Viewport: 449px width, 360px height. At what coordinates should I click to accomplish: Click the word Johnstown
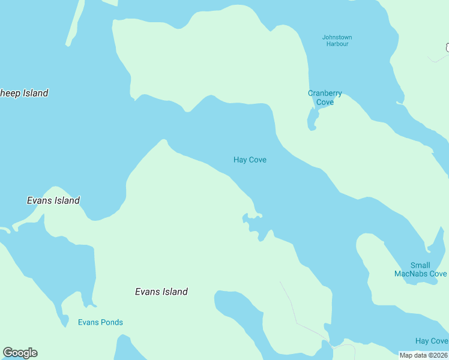click(337, 37)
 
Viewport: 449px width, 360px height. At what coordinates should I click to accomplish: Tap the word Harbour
click(337, 44)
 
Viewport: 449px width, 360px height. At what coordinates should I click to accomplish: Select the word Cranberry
click(325, 93)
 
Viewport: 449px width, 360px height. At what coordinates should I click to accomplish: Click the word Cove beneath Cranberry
click(325, 102)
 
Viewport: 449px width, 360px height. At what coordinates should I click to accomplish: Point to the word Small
click(420, 265)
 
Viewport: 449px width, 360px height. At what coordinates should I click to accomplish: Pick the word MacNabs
click(411, 274)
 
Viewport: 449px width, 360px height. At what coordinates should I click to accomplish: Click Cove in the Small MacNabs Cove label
click(438, 274)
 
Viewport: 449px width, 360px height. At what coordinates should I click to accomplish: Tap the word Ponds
click(112, 322)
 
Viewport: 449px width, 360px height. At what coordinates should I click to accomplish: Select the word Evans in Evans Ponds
click(88, 322)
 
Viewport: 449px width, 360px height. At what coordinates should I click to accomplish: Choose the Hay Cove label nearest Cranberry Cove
click(250, 160)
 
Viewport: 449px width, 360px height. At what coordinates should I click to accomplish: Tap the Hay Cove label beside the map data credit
click(431, 341)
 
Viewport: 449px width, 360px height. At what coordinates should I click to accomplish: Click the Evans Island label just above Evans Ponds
click(161, 292)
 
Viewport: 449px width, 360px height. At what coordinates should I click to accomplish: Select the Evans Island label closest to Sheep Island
click(53, 200)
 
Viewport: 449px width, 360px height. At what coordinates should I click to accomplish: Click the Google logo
click(20, 353)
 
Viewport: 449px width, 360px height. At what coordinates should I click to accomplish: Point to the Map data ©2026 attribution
click(423, 355)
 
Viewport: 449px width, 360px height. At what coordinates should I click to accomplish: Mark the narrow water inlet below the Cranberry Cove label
click(312, 120)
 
